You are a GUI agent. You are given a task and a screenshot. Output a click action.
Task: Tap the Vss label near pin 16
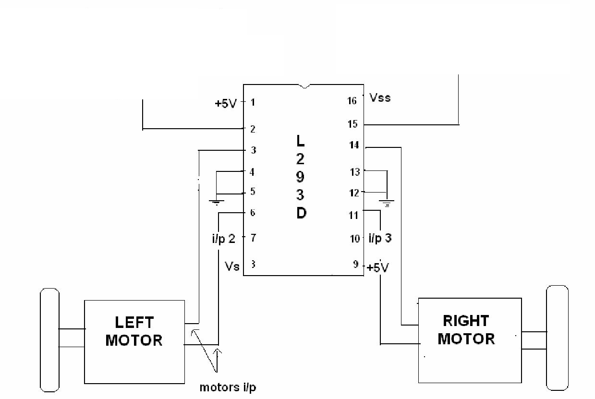pos(380,98)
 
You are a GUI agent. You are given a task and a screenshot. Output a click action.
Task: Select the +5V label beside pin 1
pos(226,103)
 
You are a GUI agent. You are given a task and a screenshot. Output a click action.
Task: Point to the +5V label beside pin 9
pos(378,267)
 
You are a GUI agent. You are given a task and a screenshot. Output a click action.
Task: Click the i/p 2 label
pos(224,239)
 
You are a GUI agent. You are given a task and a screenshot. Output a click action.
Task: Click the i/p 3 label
pos(380,238)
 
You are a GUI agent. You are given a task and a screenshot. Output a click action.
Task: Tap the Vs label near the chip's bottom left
pos(232,266)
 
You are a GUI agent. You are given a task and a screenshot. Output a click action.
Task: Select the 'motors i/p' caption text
pos(228,387)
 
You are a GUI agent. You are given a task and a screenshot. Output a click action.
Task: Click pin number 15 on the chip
pos(352,124)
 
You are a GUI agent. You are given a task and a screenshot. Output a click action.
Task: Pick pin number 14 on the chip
pos(354,145)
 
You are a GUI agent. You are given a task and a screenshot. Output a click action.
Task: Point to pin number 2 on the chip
pos(253,129)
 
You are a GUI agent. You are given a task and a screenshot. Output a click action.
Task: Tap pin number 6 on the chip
pos(253,213)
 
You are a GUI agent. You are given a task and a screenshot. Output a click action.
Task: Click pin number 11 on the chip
pos(353,215)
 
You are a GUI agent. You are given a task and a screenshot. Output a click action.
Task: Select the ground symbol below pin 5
pos(217,203)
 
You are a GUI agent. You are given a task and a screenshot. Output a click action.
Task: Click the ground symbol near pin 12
pos(387,203)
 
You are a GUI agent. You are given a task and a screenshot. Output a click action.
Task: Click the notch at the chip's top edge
pos(304,86)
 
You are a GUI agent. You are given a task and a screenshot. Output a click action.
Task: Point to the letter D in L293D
pos(301,213)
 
